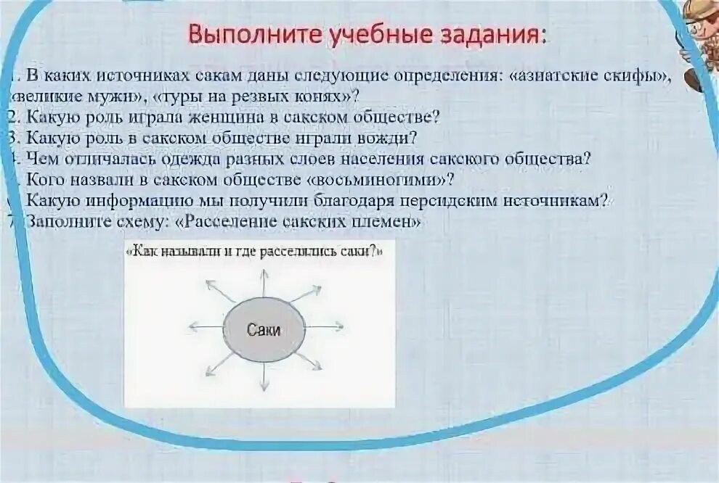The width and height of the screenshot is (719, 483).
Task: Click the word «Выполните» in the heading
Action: click(243, 34)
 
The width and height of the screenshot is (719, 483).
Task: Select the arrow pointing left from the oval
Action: click(205, 327)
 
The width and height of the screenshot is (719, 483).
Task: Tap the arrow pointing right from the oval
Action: click(320, 327)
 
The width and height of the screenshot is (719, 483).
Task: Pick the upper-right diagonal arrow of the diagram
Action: click(306, 294)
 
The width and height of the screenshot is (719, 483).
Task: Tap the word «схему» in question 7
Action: click(144, 222)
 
